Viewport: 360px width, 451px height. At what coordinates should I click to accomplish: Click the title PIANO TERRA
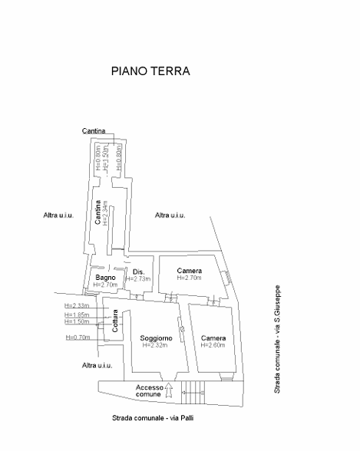tap(150, 71)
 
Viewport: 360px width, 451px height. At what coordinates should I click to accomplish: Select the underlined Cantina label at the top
tap(94, 131)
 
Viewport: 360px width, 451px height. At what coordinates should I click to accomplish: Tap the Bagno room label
tap(105, 277)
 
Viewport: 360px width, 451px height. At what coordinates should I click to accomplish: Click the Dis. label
tap(139, 272)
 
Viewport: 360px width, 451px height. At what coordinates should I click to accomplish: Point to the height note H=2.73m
tap(140, 279)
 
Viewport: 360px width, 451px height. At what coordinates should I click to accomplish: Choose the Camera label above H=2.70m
tap(189, 272)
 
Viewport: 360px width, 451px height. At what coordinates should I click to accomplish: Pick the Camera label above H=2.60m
tap(213, 338)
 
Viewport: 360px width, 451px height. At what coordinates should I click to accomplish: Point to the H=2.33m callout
tap(78, 306)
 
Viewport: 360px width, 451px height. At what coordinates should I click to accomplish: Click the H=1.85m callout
tap(78, 314)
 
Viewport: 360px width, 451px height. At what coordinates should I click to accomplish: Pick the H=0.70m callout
tap(78, 337)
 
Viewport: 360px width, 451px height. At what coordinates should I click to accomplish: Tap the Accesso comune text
tap(150, 390)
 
